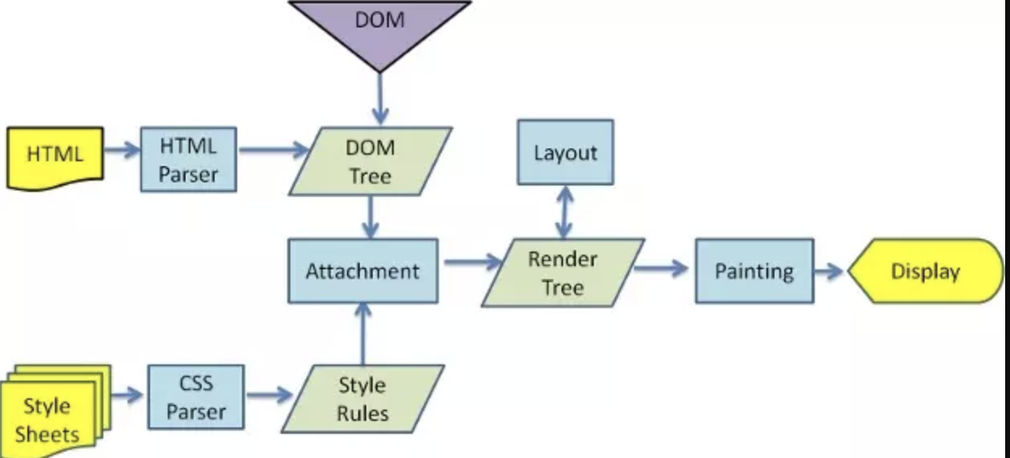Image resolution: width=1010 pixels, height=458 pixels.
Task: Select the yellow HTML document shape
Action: [55, 156]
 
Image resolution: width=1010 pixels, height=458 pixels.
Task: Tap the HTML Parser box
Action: [188, 160]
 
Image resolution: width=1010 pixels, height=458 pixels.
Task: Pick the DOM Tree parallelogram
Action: [370, 161]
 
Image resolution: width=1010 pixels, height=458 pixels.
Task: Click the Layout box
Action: [565, 152]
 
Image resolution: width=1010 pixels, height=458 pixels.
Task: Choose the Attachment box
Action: [363, 271]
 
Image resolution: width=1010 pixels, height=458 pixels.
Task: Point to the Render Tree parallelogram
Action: [562, 273]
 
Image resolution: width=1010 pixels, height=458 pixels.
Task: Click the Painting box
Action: [753, 271]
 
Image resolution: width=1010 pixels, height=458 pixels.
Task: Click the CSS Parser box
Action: [196, 397]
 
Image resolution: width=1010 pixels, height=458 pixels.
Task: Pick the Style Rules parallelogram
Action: [362, 398]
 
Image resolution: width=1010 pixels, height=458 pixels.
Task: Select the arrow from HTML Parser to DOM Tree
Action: [273, 150]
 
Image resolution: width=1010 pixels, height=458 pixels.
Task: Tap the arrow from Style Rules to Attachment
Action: [362, 334]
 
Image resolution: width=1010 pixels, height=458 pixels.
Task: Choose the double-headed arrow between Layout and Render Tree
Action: [565, 211]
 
